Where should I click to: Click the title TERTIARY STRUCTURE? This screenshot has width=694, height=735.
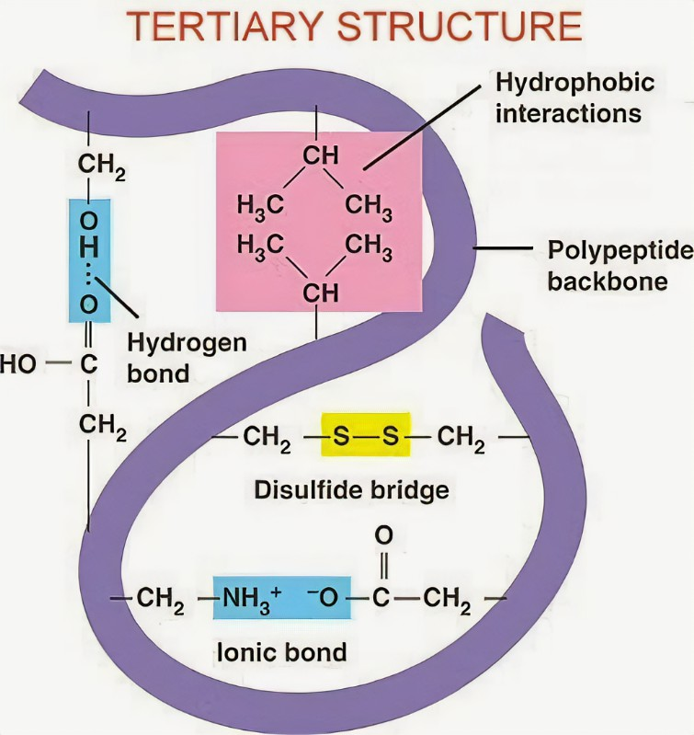coord(354,26)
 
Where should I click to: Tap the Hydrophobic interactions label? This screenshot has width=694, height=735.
coord(575,98)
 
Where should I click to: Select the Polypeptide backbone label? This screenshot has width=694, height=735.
coord(620,265)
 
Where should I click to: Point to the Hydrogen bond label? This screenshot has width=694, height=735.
coord(187,358)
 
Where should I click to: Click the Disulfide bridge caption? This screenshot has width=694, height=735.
coord(351,490)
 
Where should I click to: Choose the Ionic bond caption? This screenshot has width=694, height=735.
coord(281,652)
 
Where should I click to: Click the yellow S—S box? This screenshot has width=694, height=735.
coord(366,434)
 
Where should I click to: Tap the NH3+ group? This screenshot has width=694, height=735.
coord(252,599)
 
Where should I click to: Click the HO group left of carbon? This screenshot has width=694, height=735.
coord(17,364)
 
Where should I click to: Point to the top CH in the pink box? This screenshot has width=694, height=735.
coord(320,155)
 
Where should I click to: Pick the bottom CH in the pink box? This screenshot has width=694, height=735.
coord(320,293)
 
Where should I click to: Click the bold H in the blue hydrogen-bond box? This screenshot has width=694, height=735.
coord(89,247)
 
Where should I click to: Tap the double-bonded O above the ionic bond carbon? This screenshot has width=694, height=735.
coord(384,535)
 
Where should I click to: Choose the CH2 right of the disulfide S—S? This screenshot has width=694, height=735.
coord(461,439)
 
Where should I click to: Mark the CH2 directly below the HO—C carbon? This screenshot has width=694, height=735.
coord(103,427)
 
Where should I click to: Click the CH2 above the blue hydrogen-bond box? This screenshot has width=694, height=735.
coord(102,167)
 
